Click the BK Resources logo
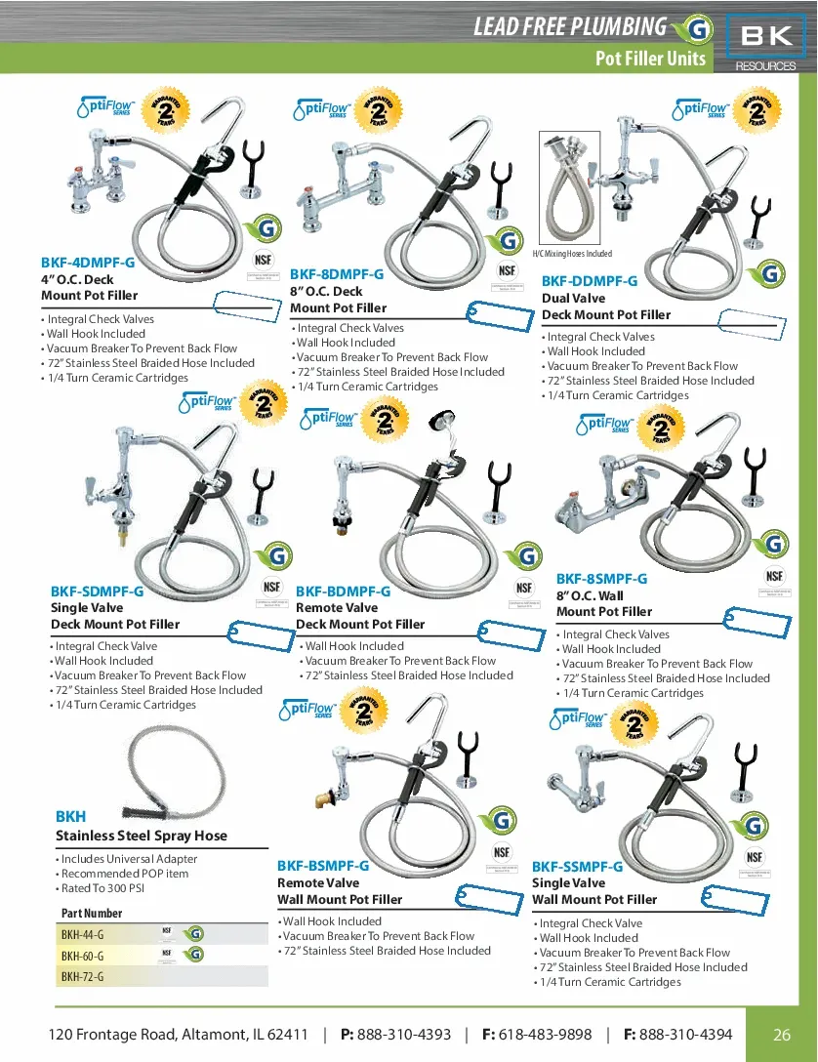coord(766,42)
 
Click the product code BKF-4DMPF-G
coord(88,263)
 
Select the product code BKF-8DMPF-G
coord(337,274)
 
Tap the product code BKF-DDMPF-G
coord(590,281)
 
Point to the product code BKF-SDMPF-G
coord(97,592)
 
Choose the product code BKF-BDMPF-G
coord(343,592)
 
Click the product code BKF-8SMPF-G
coord(601,579)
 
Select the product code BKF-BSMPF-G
coord(323,866)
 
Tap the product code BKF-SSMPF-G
coord(577,867)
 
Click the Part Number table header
coord(92,914)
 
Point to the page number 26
coord(782,1035)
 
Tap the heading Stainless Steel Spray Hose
coord(142,836)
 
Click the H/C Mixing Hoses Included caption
coord(573,254)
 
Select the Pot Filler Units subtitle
coord(650,59)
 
